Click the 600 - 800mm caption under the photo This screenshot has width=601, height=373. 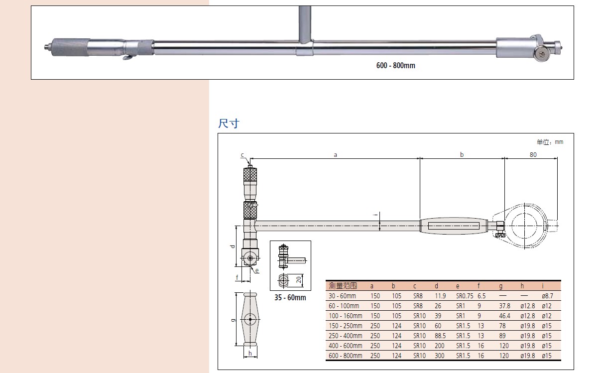pyautogui.click(x=395, y=65)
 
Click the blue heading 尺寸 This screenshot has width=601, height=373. pyautogui.click(x=229, y=124)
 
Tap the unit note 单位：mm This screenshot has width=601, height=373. pyautogui.click(x=550, y=142)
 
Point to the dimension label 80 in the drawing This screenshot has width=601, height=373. pyautogui.click(x=533, y=154)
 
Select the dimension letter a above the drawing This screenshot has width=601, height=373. pyautogui.click(x=335, y=155)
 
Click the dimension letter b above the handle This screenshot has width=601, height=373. pyautogui.click(x=462, y=154)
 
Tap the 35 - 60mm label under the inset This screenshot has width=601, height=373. pyautogui.click(x=290, y=298)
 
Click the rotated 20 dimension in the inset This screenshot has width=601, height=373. pyautogui.click(x=298, y=280)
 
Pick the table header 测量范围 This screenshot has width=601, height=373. pyautogui.click(x=343, y=286)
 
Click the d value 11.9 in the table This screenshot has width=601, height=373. pyautogui.click(x=440, y=296)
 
